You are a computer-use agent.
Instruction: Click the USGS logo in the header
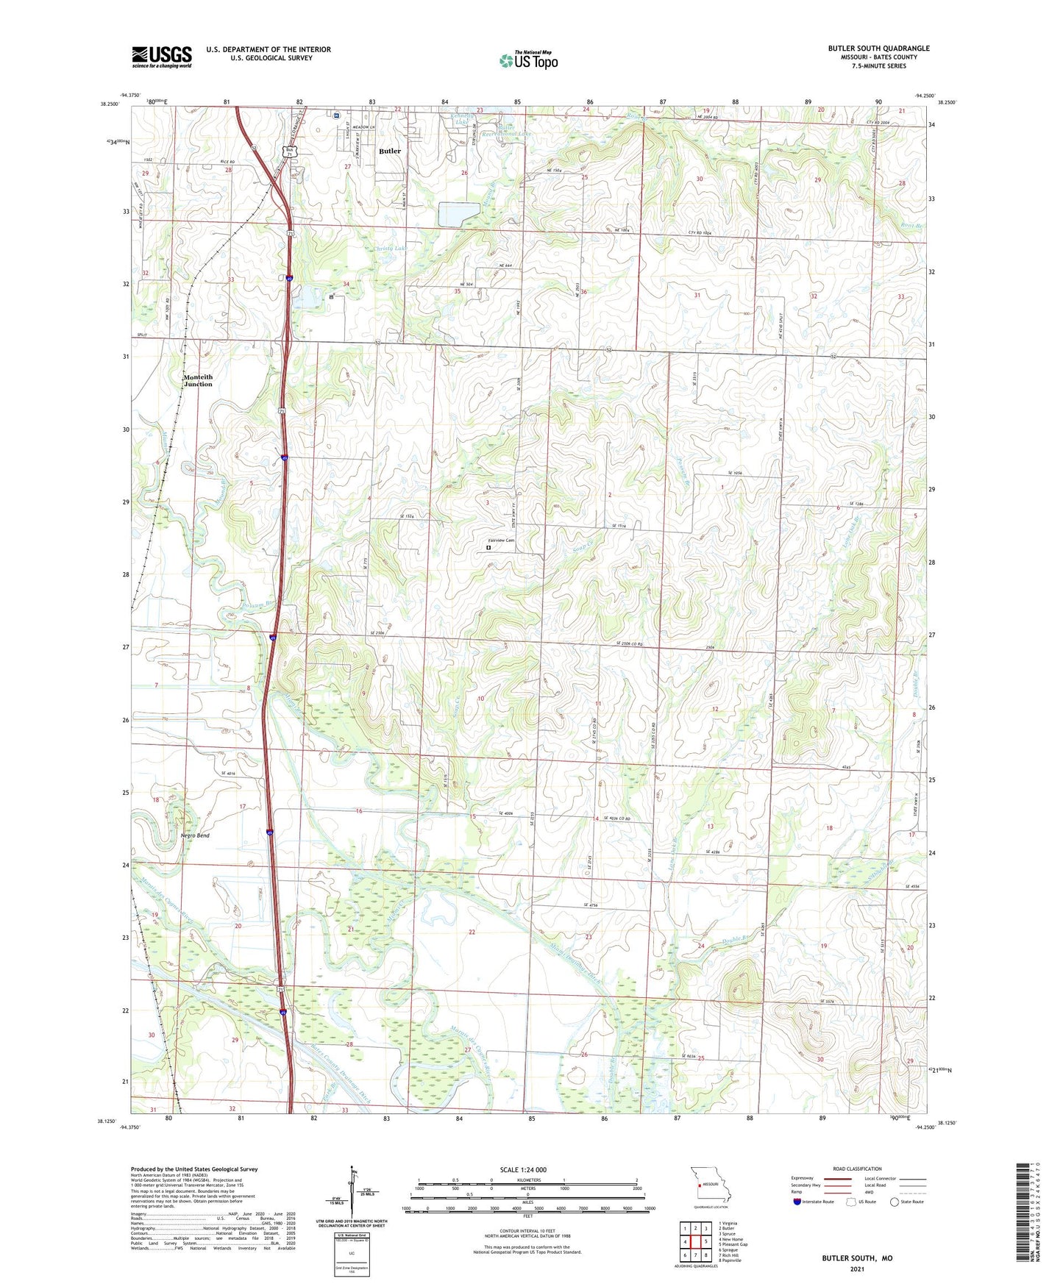click(x=162, y=57)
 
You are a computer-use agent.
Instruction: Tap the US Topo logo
click(x=528, y=60)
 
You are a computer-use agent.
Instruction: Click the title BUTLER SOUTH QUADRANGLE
click(x=878, y=49)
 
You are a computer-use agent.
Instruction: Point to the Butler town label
click(x=390, y=151)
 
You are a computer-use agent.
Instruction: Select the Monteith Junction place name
click(x=198, y=380)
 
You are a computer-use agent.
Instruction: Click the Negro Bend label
click(x=195, y=836)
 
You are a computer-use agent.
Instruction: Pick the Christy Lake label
click(x=390, y=249)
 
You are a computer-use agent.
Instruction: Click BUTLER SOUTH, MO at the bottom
click(x=857, y=1258)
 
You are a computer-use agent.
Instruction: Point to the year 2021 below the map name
click(x=857, y=1269)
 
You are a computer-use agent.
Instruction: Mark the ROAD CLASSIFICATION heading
click(x=857, y=1169)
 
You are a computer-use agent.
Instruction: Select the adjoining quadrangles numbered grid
click(x=695, y=1242)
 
